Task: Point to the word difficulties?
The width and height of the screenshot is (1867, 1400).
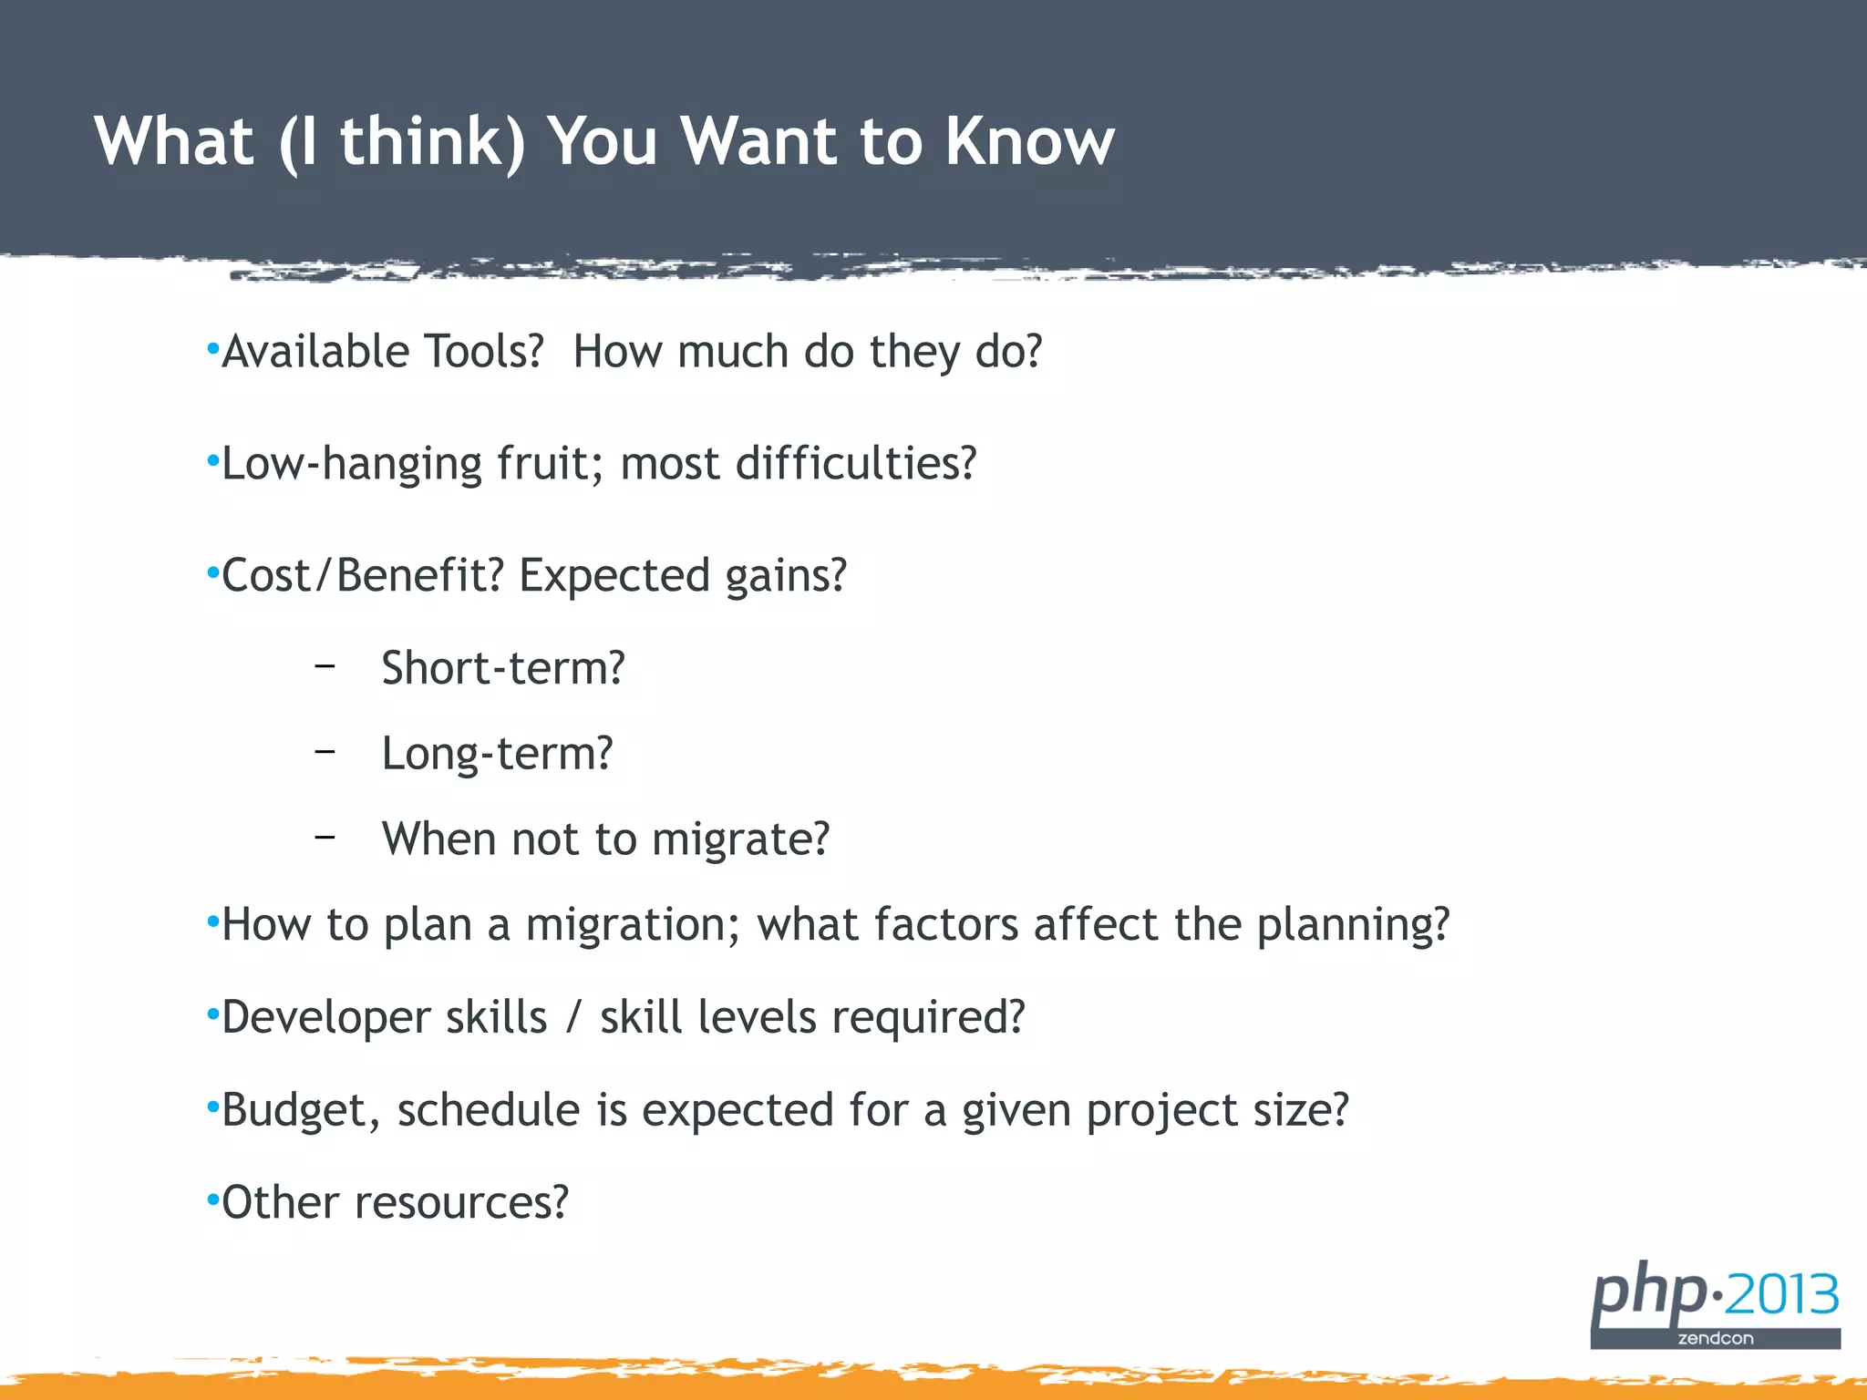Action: (855, 464)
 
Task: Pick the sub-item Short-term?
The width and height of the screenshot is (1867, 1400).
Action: (503, 668)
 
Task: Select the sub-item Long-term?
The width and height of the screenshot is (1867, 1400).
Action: (497, 754)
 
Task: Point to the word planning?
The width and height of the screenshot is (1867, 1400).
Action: (1353, 925)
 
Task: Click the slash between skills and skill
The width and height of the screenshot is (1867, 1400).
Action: (572, 1018)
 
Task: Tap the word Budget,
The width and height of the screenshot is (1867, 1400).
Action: (301, 1110)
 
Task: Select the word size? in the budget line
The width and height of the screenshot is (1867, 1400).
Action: (1300, 1110)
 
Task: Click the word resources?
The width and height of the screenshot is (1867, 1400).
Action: (461, 1203)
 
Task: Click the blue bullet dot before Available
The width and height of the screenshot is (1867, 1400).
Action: (212, 349)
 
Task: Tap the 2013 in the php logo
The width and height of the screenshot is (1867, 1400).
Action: (1781, 1294)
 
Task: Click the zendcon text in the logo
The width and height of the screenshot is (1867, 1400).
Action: (1715, 1338)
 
